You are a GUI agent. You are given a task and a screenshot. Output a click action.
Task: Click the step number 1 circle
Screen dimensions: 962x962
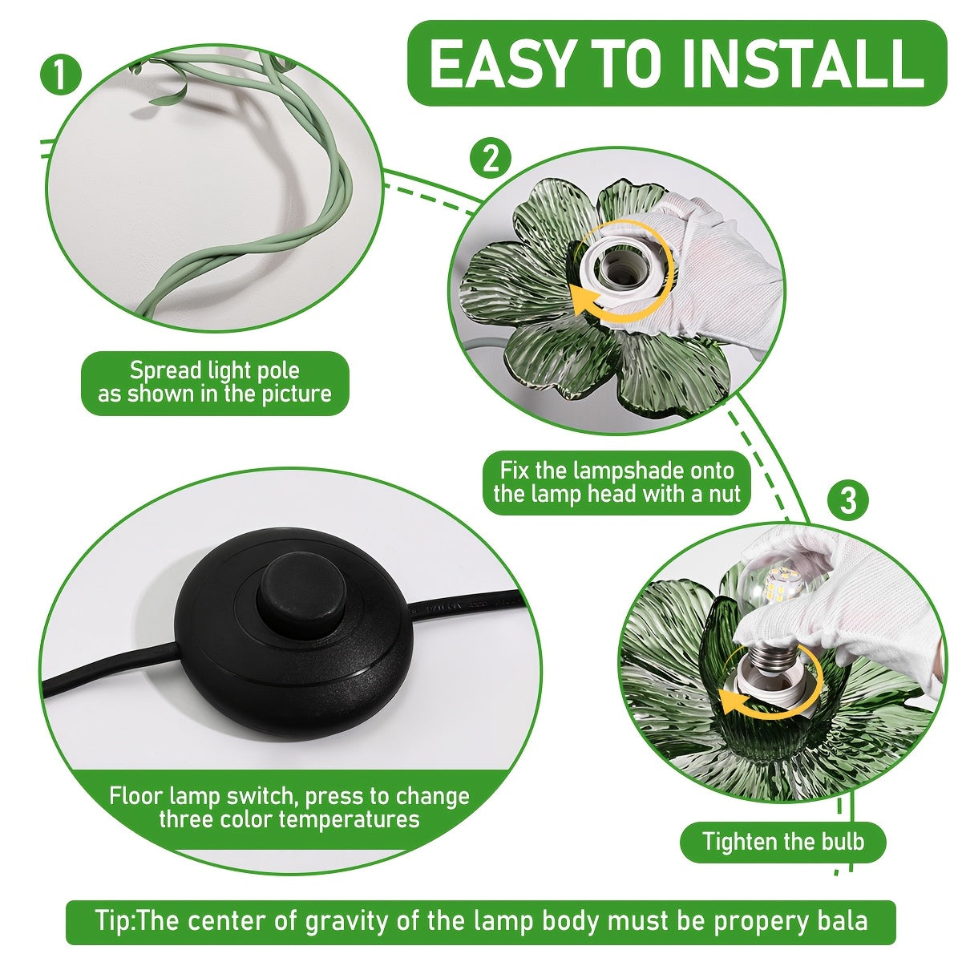coord(60,75)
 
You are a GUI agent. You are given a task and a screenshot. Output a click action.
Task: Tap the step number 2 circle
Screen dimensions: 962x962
coord(491,160)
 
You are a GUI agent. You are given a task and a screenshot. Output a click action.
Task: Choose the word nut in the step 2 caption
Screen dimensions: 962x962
coord(725,495)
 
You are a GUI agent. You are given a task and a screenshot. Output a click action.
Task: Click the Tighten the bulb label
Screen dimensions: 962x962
coord(782,841)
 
